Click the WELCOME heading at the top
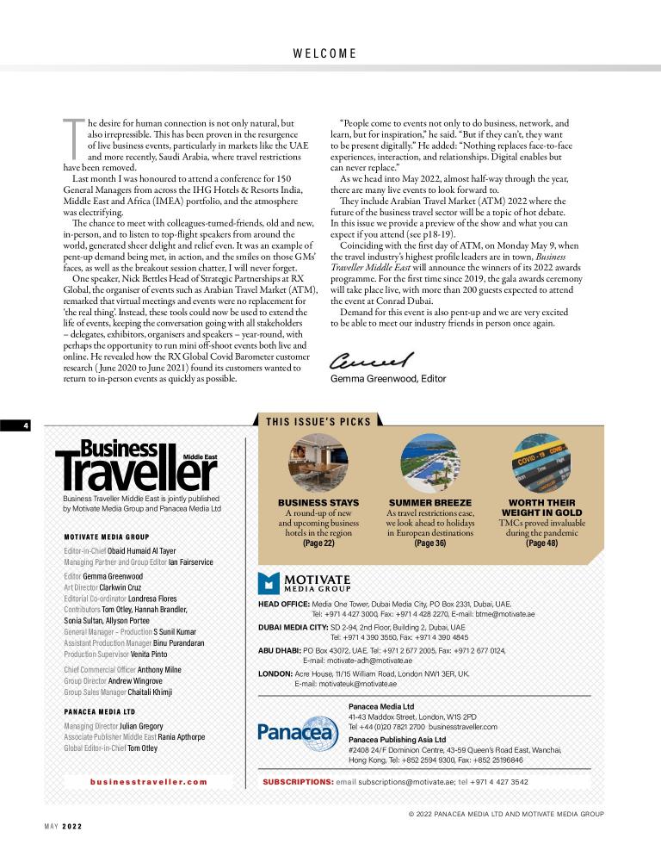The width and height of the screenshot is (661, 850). [324, 53]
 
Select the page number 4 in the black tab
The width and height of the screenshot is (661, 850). [27, 425]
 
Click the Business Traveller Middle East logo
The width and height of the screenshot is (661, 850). [137, 465]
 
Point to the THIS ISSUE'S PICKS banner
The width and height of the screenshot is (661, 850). [318, 422]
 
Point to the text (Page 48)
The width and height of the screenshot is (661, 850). [542, 543]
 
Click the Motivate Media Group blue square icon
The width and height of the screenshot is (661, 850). [269, 584]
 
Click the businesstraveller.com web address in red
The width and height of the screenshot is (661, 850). [148, 782]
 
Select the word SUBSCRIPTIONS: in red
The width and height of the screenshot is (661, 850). [298, 782]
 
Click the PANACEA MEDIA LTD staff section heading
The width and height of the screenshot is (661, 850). [100, 712]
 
